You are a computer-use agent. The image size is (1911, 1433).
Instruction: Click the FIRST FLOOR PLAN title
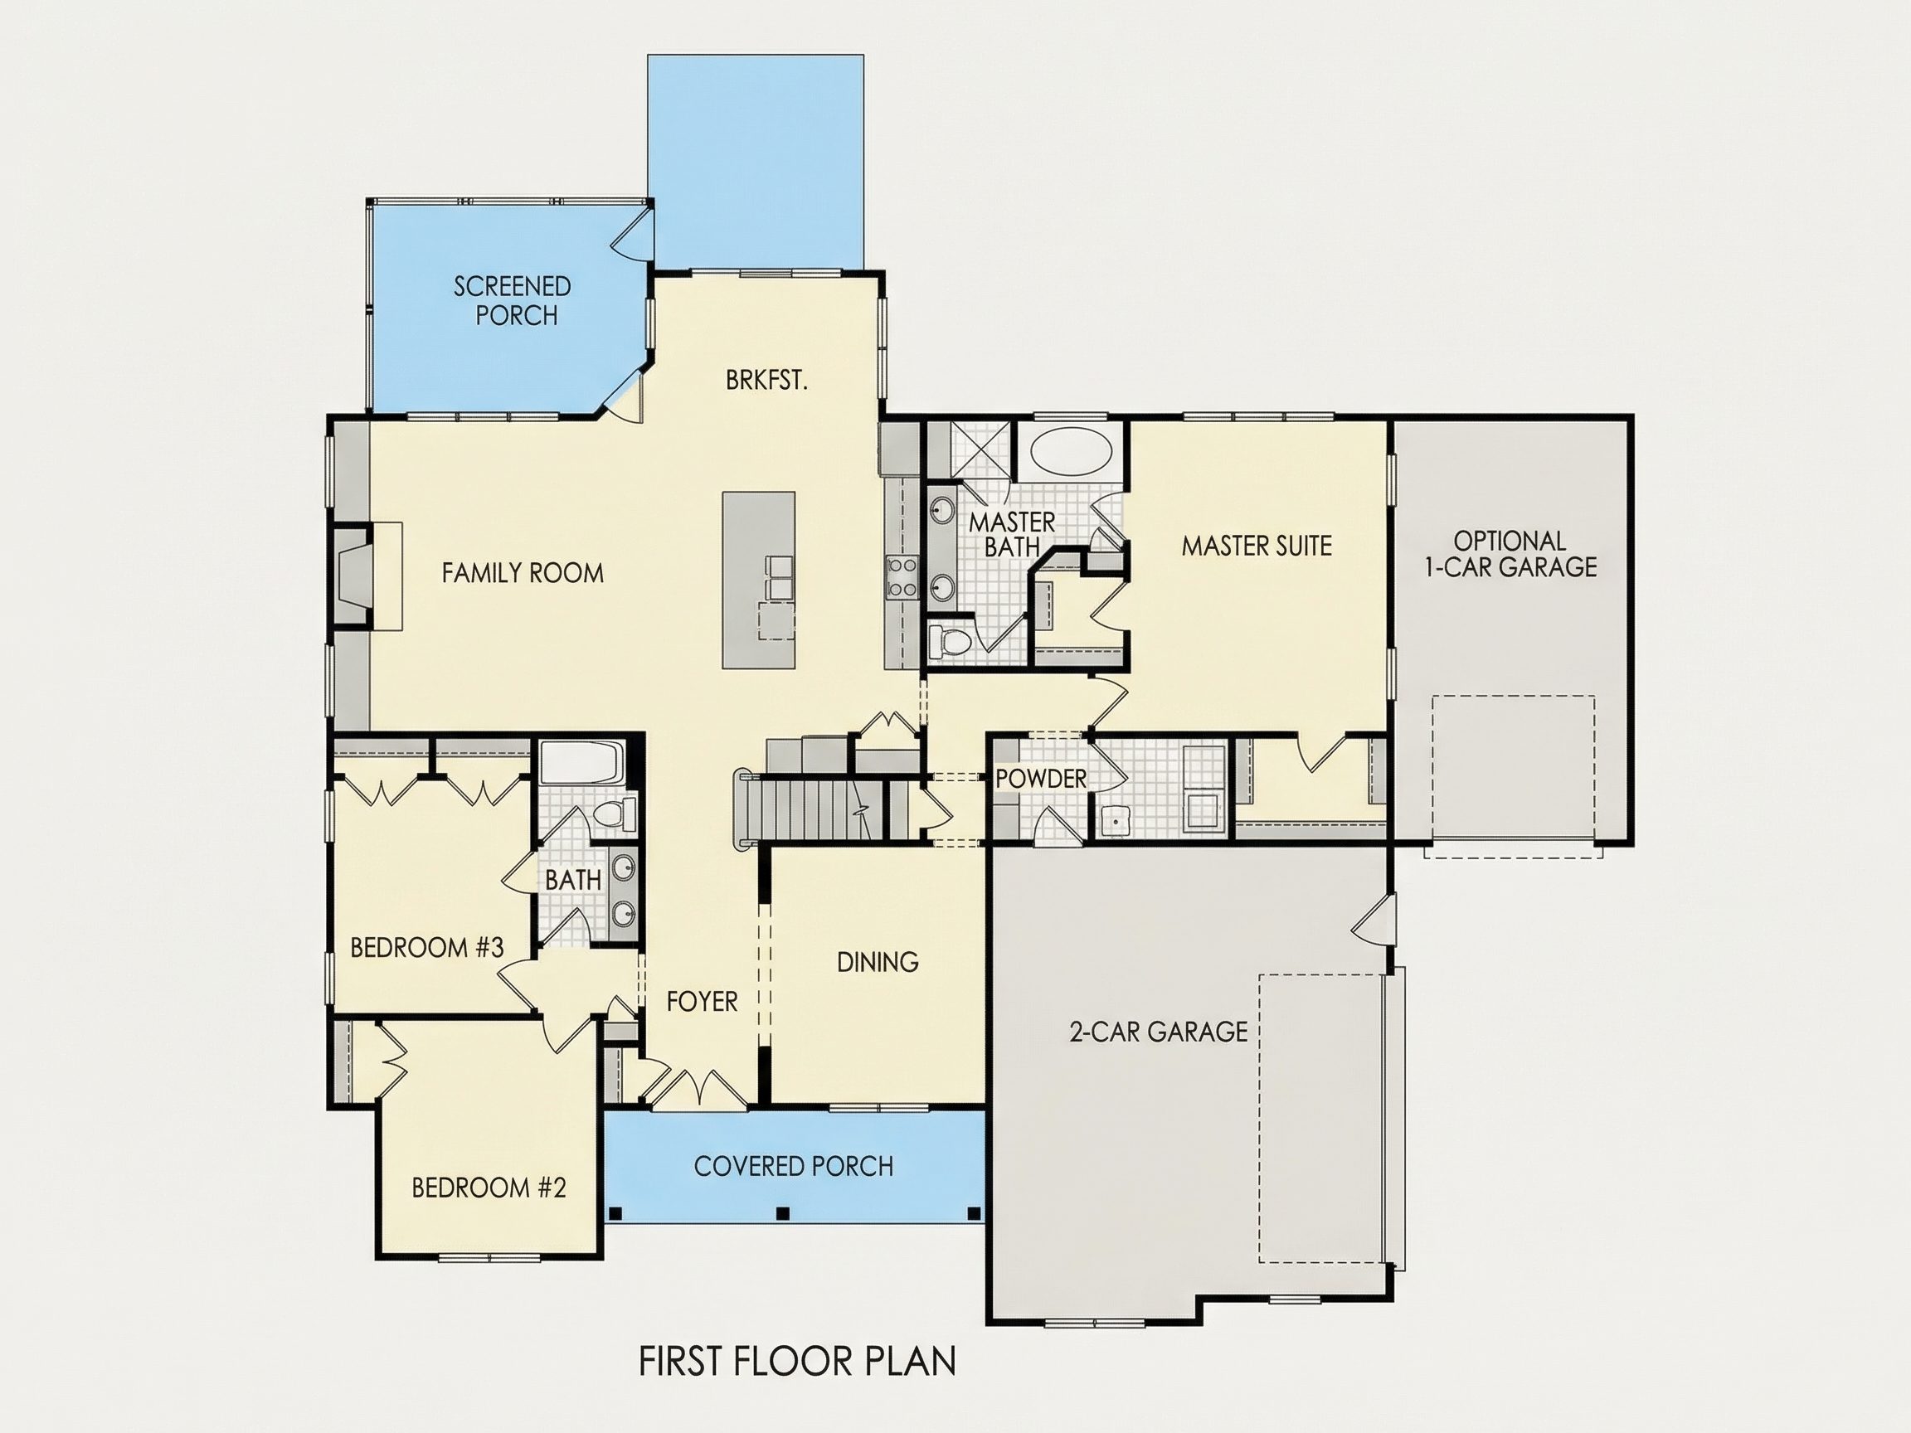click(797, 1362)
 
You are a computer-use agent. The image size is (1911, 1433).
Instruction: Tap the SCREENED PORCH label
click(513, 300)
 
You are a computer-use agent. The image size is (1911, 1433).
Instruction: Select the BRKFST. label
click(766, 381)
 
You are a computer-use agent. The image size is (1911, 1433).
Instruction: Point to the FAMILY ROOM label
click(523, 573)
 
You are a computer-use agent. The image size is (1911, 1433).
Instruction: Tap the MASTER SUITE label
click(1257, 546)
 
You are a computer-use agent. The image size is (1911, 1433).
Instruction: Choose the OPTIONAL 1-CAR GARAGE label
click(1510, 554)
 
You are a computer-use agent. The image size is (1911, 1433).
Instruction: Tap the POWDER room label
click(1041, 778)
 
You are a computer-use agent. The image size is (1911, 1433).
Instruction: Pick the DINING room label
click(878, 961)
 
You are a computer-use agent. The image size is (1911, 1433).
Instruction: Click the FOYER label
click(703, 1001)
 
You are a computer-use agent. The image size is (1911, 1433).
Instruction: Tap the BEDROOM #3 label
click(427, 948)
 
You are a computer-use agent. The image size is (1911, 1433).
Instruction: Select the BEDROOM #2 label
click(489, 1188)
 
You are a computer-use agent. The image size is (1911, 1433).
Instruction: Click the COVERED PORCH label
click(793, 1166)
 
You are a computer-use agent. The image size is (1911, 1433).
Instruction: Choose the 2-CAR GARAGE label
click(1159, 1032)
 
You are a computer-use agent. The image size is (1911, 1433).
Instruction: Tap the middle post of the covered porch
click(783, 1212)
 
